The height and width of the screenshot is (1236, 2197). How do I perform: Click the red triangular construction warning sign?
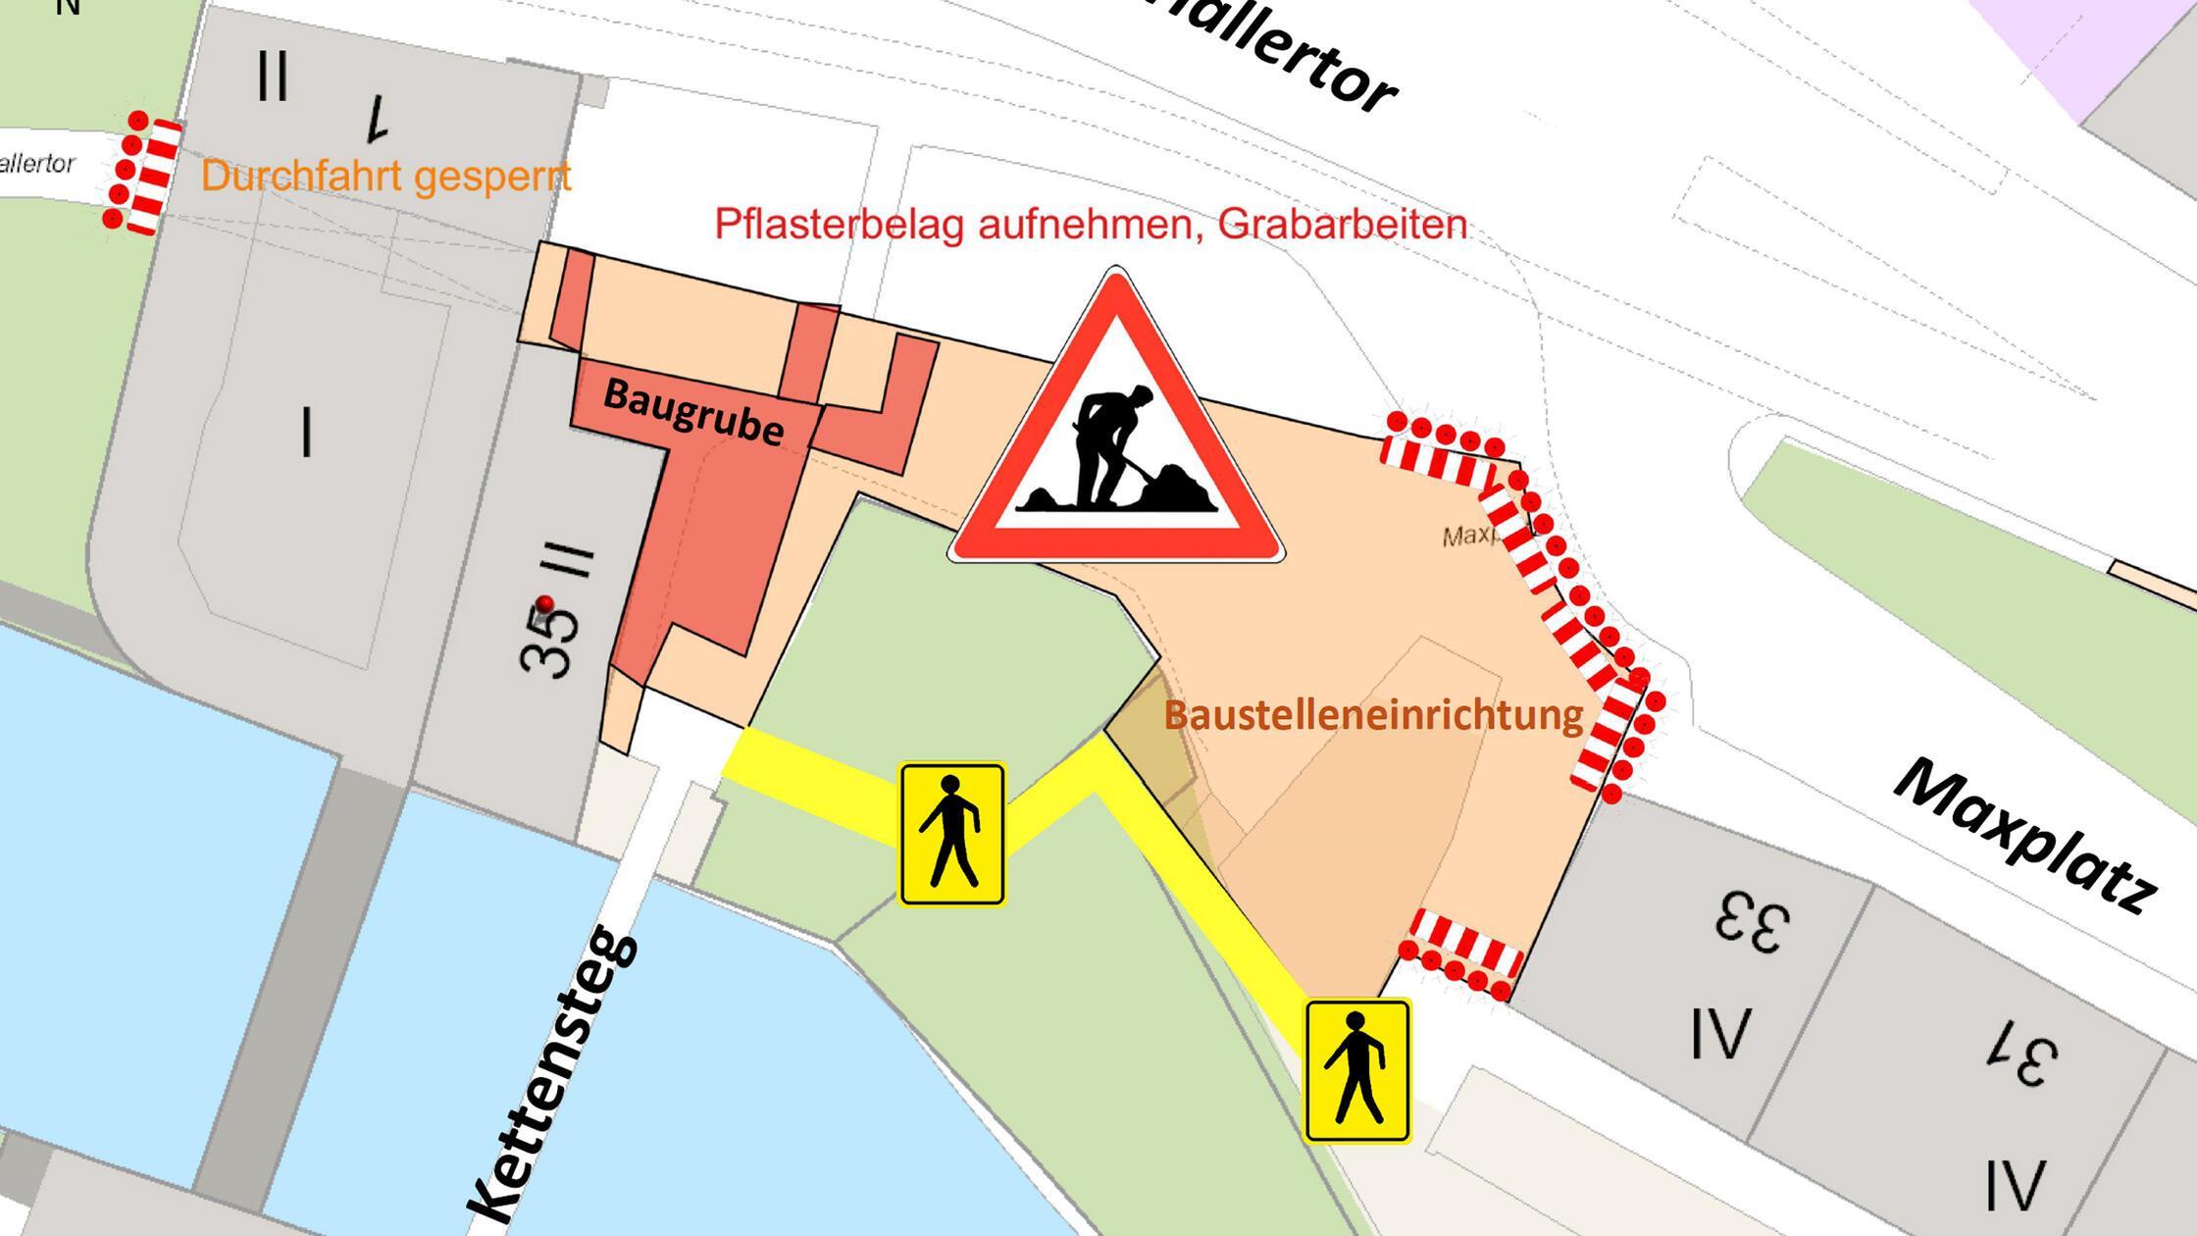[1116, 432]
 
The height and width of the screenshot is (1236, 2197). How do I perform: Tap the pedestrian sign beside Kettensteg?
[952, 834]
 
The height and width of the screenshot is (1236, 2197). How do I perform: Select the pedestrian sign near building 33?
[1357, 1070]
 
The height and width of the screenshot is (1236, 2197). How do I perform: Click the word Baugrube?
[693, 413]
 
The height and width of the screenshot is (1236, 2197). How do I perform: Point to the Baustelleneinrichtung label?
[1373, 714]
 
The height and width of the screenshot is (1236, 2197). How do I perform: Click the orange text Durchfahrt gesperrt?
[385, 177]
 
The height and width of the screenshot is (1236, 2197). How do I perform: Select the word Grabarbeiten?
[1343, 225]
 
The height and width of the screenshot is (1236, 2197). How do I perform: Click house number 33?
[1752, 923]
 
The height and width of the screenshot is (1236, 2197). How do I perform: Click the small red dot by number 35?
[546, 603]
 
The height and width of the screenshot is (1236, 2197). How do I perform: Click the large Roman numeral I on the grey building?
[307, 433]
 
